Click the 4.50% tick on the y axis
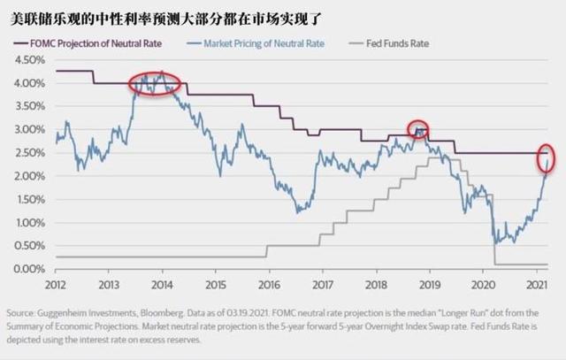[x=28, y=60]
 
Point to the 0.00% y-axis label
[x=28, y=269]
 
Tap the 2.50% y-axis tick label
[x=28, y=153]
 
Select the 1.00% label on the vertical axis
[x=28, y=223]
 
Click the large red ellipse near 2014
[x=154, y=84]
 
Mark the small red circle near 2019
[x=417, y=129]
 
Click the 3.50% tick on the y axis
[x=28, y=107]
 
